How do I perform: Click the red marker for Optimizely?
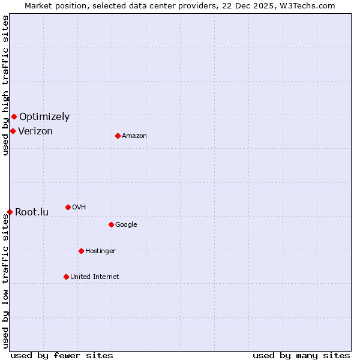14,116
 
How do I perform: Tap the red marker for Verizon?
13,131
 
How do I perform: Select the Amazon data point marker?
118,136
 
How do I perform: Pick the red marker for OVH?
68,207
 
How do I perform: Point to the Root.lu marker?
10,212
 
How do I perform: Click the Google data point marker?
111,224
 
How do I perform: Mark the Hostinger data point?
81,251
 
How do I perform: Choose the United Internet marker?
66,277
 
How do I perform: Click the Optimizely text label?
44,117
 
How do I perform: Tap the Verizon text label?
35,131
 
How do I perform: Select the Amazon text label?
134,136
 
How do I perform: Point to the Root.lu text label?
32,212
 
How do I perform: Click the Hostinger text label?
101,251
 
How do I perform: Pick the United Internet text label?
95,277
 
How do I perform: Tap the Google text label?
126,225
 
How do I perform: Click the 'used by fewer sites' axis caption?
62,355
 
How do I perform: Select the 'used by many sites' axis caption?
301,355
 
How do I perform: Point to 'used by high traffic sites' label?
5,85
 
